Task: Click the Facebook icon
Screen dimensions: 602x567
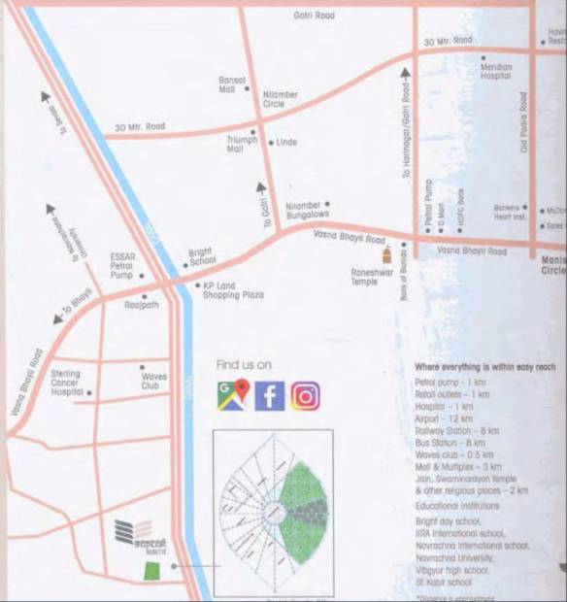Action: (270, 396)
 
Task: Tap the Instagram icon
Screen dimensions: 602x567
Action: (305, 396)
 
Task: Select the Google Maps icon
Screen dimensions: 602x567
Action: (233, 396)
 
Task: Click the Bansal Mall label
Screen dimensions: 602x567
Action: (232, 84)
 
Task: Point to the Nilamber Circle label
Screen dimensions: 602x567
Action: (280, 100)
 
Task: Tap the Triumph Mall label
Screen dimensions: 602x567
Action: (242, 144)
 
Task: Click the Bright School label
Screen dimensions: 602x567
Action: (201, 256)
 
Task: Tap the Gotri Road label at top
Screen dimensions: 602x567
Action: (314, 16)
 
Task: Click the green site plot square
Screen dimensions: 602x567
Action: (151, 568)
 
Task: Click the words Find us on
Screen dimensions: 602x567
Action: (244, 365)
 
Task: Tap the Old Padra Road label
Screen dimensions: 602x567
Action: (523, 122)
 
